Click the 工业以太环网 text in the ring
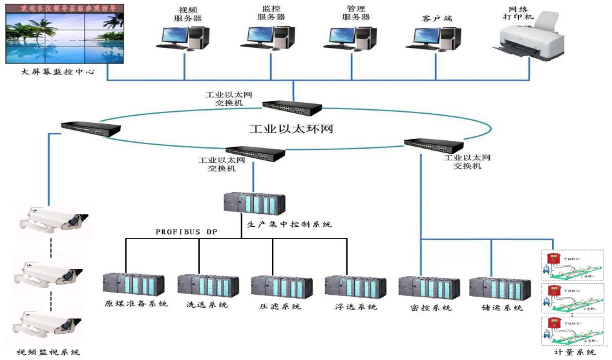pyautogui.click(x=291, y=129)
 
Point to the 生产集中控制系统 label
pyautogui.click(x=290, y=224)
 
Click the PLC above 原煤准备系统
pyautogui.click(x=132, y=285)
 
